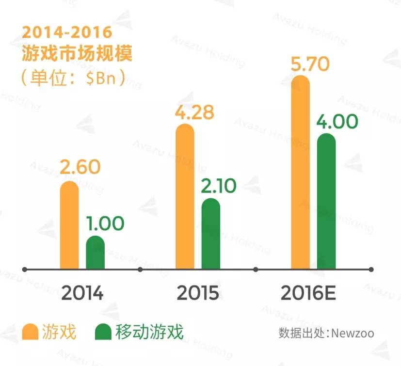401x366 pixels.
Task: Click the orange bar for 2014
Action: point(69,225)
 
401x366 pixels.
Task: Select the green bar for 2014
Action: point(95,253)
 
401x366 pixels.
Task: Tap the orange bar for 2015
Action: point(185,196)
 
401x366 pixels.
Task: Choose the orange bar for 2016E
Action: point(300,172)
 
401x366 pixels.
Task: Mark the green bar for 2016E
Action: point(326,201)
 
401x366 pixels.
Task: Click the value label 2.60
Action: point(80,167)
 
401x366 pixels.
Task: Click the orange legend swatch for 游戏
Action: point(31,332)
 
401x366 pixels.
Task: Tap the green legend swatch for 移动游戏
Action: point(103,332)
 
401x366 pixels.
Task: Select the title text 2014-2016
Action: point(67,33)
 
